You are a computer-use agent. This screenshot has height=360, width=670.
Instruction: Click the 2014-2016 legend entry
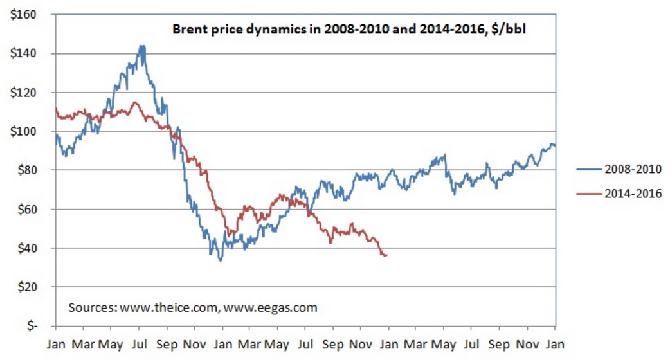[x=633, y=193]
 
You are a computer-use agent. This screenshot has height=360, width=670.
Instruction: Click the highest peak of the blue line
[x=141, y=46]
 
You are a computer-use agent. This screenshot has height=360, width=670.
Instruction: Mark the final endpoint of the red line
[x=386, y=255]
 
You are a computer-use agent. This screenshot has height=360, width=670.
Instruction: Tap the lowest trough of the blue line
[x=221, y=260]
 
